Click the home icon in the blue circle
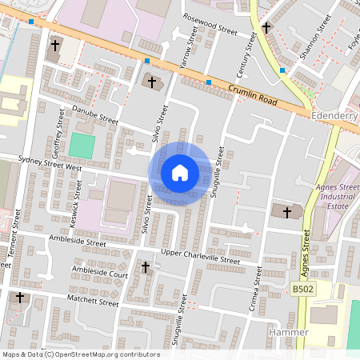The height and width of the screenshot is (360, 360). click(x=180, y=173)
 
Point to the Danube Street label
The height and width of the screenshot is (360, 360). click(x=95, y=114)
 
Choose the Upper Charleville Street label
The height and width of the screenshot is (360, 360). click(x=200, y=257)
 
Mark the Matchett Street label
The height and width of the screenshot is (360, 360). click(x=94, y=302)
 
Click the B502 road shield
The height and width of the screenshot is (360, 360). click(x=302, y=289)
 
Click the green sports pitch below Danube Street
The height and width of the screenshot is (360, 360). click(x=82, y=146)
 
